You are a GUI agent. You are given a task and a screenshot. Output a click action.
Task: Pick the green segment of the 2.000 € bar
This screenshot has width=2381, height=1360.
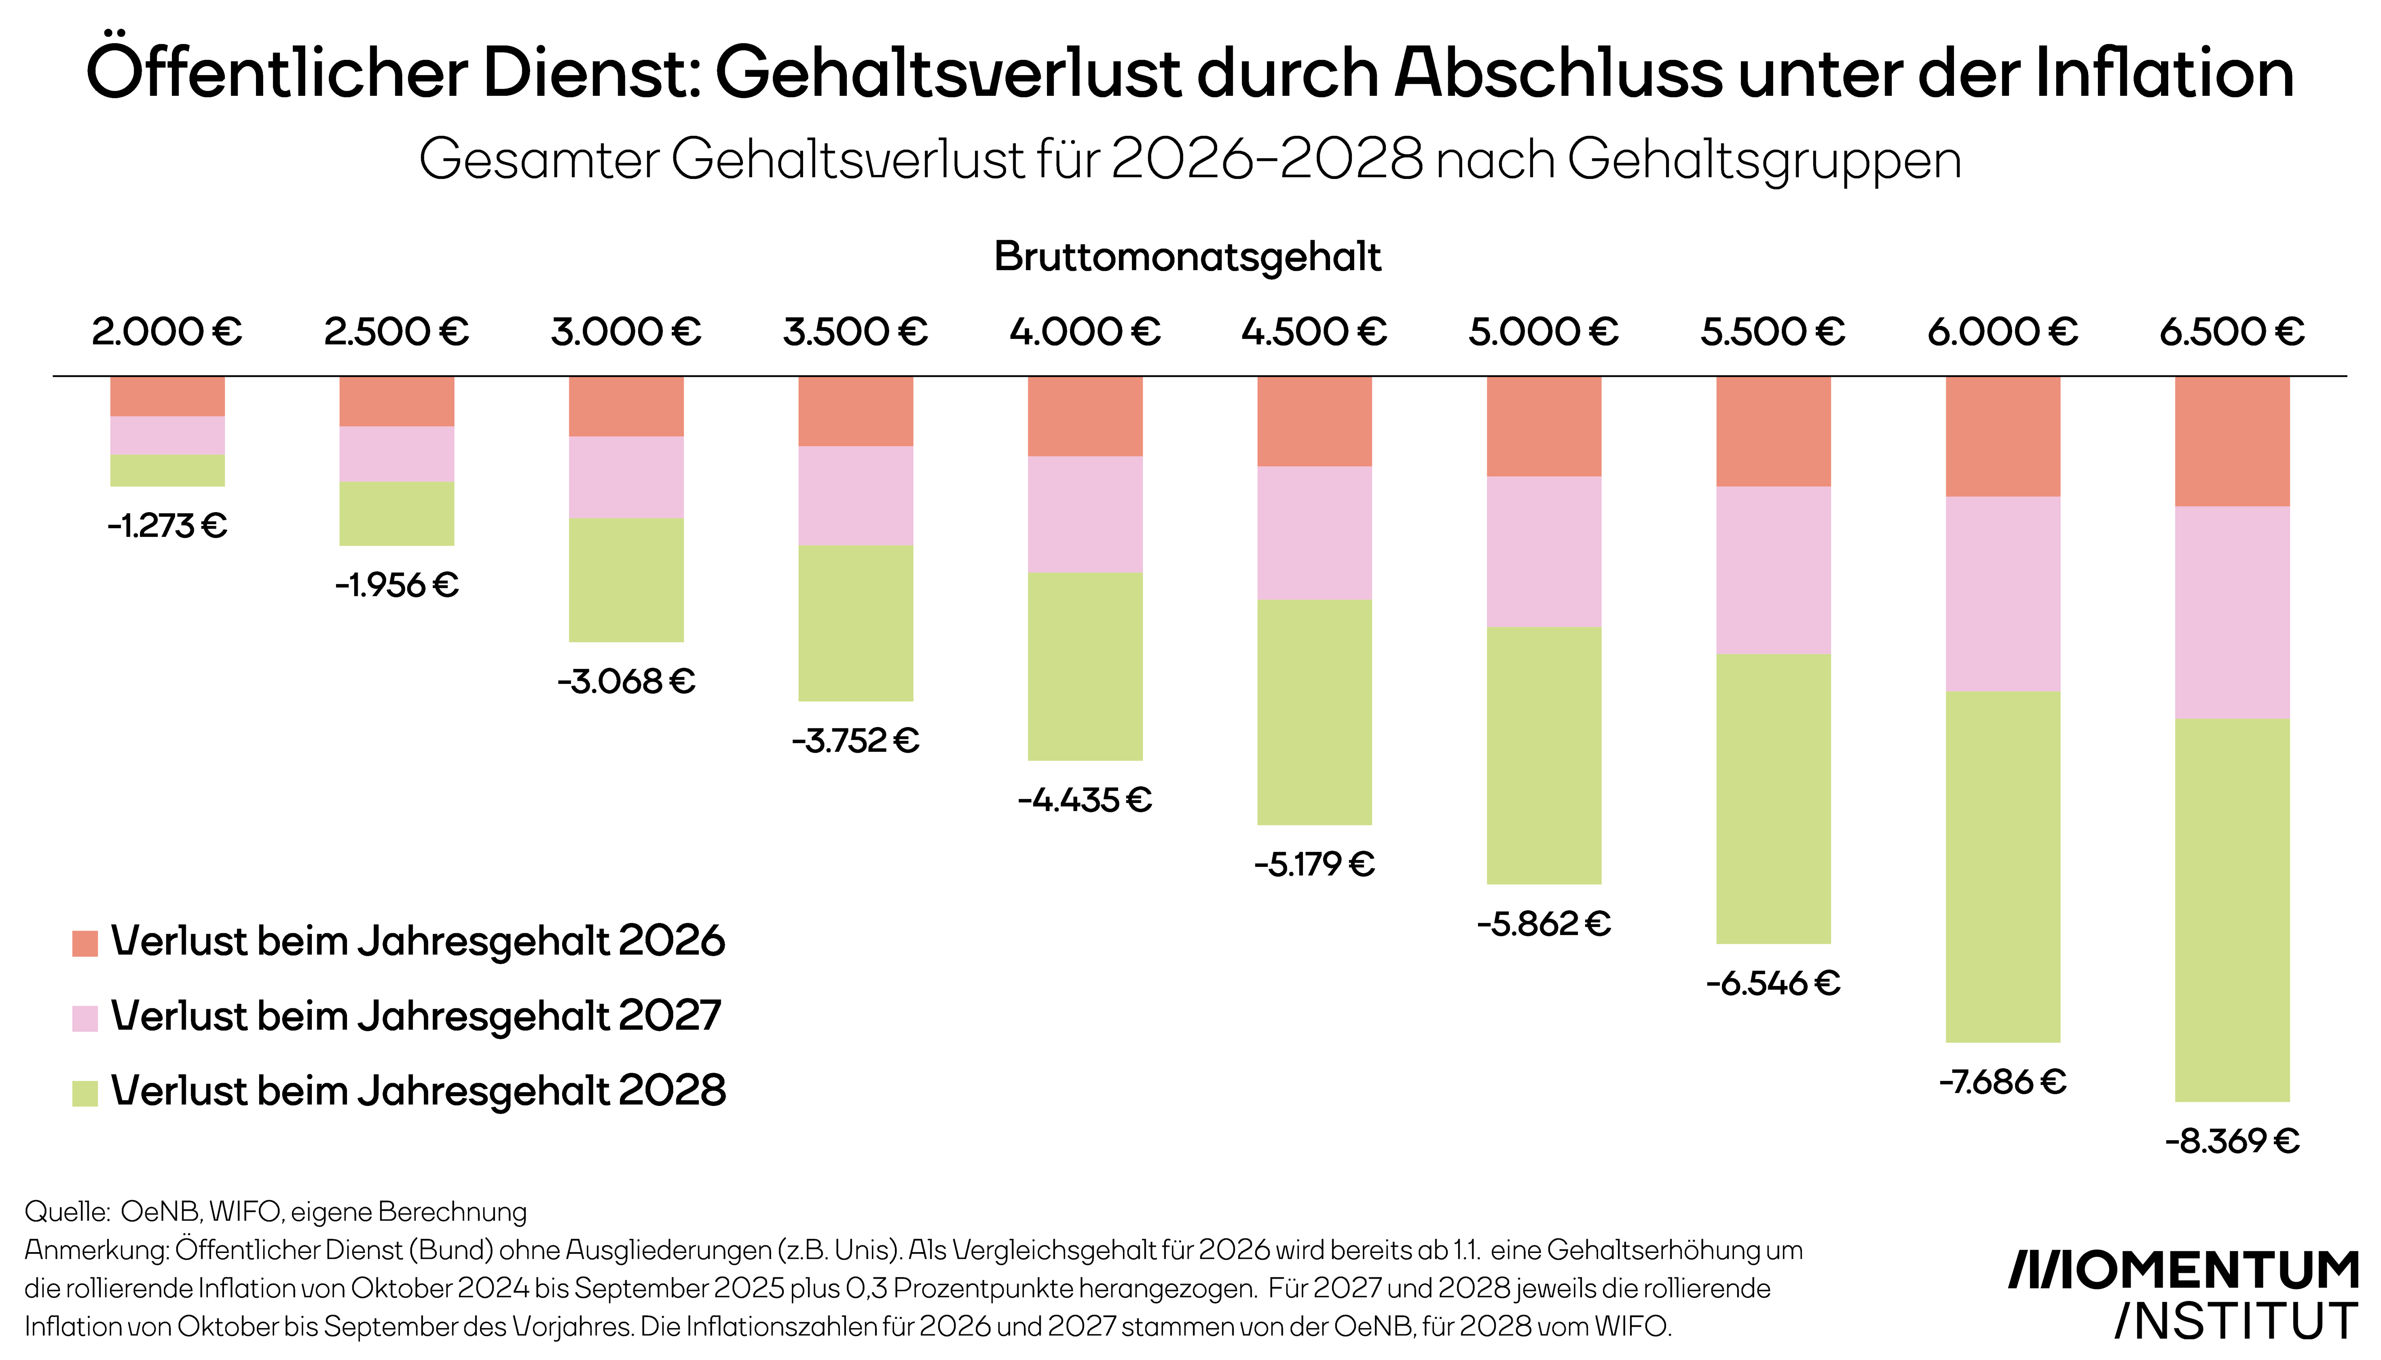pyautogui.click(x=167, y=470)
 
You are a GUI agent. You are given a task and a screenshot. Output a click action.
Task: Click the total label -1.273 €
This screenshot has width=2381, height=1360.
pyautogui.click(x=167, y=526)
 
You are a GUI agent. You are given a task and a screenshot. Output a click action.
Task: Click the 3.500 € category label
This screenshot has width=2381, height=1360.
pyautogui.click(x=855, y=332)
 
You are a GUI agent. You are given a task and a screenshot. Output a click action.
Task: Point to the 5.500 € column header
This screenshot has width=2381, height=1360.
pyautogui.click(x=1773, y=332)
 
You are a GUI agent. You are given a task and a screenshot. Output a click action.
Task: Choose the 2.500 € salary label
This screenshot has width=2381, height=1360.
pyautogui.click(x=396, y=332)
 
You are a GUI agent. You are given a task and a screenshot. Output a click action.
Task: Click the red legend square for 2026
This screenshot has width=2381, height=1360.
pyautogui.click(x=85, y=942)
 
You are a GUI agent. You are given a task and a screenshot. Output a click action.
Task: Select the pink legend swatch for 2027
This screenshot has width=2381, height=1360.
pyautogui.click(x=85, y=1018)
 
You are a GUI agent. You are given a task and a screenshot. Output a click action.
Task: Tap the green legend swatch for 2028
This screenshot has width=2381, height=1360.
pyautogui.click(x=85, y=1093)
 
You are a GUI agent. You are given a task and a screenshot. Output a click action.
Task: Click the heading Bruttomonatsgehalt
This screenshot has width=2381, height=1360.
pyautogui.click(x=1187, y=257)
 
